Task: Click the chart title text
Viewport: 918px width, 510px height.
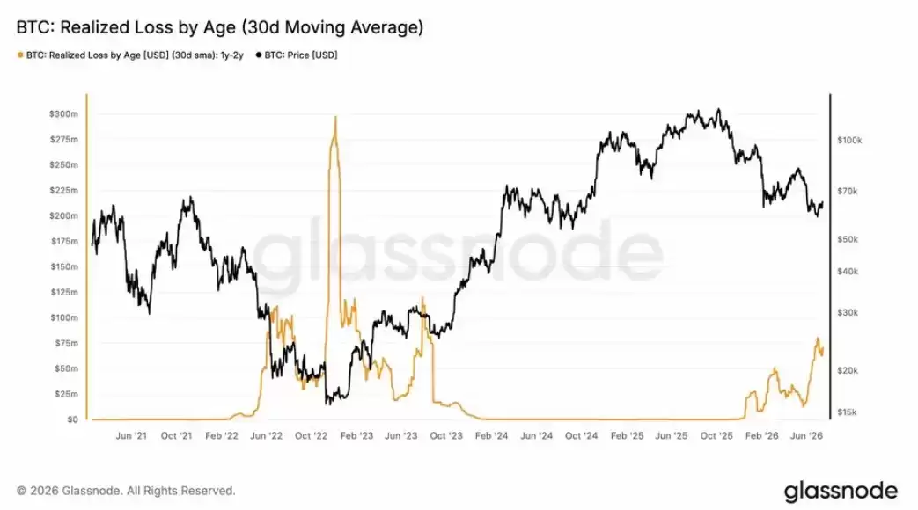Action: pyautogui.click(x=219, y=27)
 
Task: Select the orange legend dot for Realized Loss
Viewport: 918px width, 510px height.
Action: pyautogui.click(x=20, y=55)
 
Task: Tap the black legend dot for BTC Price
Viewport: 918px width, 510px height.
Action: pyautogui.click(x=258, y=55)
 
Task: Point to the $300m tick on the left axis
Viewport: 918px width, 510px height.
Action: pyautogui.click(x=63, y=114)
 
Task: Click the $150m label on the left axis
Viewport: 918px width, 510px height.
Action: pyautogui.click(x=63, y=266)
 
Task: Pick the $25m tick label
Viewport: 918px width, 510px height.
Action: pyautogui.click(x=66, y=394)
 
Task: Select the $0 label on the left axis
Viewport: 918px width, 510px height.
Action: pyautogui.click(x=72, y=419)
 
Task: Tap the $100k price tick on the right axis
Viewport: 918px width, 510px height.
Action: pyautogui.click(x=849, y=141)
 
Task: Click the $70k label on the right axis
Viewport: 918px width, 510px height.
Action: pyautogui.click(x=848, y=192)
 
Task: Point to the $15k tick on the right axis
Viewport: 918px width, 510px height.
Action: pyautogui.click(x=848, y=412)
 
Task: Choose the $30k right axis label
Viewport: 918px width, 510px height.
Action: pyautogui.click(x=848, y=313)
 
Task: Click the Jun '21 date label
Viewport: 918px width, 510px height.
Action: pyautogui.click(x=131, y=436)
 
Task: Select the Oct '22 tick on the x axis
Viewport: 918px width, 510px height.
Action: pyautogui.click(x=311, y=436)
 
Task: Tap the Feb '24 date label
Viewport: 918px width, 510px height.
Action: pyautogui.click(x=491, y=436)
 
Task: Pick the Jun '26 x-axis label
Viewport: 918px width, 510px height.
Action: pyautogui.click(x=807, y=436)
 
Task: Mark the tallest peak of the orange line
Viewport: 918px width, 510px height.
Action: pyautogui.click(x=335, y=116)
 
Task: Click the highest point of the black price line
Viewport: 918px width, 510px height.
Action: pyautogui.click(x=718, y=109)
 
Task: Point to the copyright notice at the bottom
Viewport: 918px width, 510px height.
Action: pyautogui.click(x=126, y=491)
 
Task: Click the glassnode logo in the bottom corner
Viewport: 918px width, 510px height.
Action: pyautogui.click(x=841, y=491)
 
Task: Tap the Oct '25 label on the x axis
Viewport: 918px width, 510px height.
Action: pyautogui.click(x=716, y=436)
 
